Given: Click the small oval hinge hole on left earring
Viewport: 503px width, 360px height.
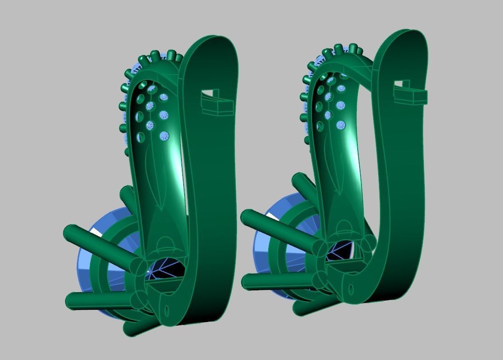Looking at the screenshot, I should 166,311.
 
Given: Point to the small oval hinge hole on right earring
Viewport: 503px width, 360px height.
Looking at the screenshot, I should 351,289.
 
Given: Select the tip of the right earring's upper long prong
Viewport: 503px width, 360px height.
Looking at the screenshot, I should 247,217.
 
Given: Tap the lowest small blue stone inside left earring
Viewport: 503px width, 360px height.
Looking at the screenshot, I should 164,135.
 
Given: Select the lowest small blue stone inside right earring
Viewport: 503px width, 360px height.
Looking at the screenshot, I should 340,125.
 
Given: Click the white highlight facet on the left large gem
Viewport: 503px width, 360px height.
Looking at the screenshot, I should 96,232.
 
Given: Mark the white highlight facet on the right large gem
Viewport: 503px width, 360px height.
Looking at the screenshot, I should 272,217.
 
